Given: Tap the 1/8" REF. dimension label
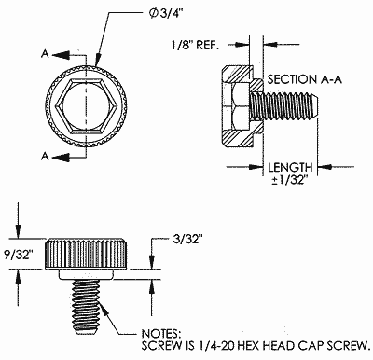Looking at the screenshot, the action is point(195,46).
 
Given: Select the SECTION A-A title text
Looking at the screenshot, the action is point(305,79).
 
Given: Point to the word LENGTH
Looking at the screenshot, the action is point(290,168).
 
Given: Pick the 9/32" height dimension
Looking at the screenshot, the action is point(19,255).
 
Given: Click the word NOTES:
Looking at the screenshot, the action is point(161,334).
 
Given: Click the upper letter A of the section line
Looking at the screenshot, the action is point(45,54).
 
